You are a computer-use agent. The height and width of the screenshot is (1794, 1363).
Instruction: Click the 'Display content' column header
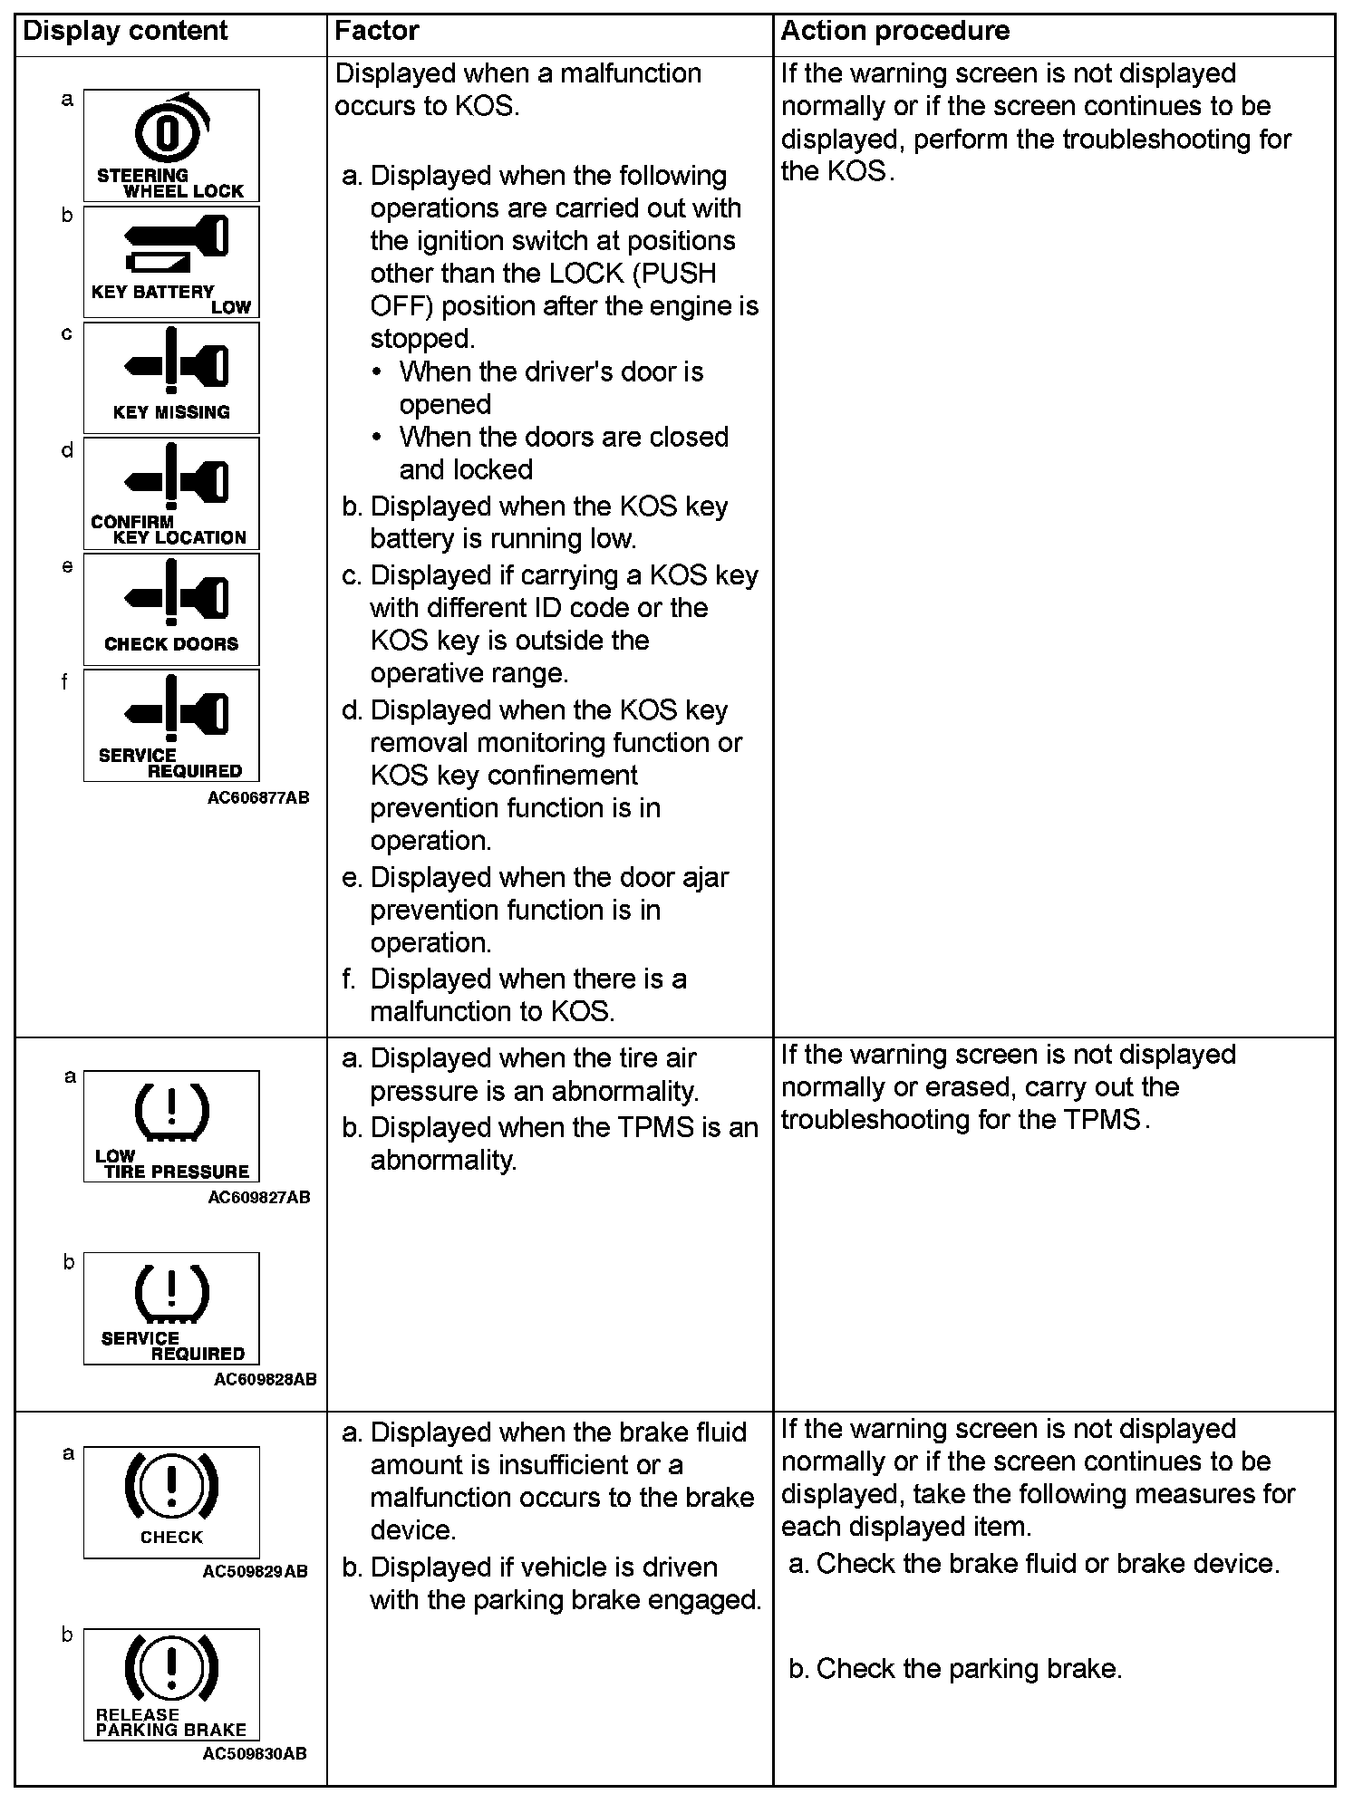pos(125,31)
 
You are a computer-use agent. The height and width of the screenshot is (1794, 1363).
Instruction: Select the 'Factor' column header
pos(376,31)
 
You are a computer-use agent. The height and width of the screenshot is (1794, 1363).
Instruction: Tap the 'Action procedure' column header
pos(894,31)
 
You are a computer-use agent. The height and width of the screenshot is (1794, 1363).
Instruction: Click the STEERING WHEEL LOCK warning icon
pos(171,145)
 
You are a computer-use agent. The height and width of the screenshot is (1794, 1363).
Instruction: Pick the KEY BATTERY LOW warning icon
pos(171,262)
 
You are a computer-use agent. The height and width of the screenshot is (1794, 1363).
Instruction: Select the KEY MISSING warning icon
pos(171,378)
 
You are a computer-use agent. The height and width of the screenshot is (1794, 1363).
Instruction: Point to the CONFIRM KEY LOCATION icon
pos(171,494)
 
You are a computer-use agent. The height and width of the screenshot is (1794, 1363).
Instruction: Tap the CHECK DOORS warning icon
pos(171,610)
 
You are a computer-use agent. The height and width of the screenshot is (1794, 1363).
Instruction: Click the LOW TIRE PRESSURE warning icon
pos(171,1126)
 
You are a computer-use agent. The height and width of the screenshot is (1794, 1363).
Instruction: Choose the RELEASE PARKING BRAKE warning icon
pos(171,1683)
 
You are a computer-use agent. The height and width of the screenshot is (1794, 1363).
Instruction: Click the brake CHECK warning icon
pos(171,1501)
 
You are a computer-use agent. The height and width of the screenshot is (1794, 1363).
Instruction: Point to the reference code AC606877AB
pos(258,797)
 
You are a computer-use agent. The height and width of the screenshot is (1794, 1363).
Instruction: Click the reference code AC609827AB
pos(258,1197)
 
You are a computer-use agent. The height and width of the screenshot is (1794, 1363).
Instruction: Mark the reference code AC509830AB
pos(255,1753)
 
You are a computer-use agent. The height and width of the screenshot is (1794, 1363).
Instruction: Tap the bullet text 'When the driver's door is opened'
pos(551,388)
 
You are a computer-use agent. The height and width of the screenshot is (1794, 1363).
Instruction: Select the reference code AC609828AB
pos(265,1379)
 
